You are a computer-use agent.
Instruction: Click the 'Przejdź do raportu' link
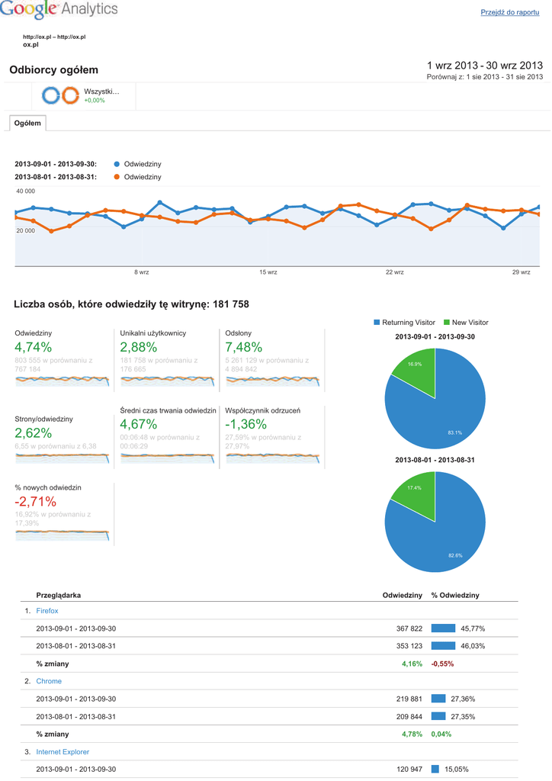click(510, 13)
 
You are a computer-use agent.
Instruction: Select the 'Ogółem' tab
click(27, 123)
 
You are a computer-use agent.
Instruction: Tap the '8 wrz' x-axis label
click(141, 272)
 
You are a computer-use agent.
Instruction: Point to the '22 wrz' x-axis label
click(394, 272)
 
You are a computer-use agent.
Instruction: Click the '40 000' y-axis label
click(26, 191)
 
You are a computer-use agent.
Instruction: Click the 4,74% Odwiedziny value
click(34, 348)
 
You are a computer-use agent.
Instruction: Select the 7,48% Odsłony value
click(244, 348)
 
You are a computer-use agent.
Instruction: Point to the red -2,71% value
click(35, 501)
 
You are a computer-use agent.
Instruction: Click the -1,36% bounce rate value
click(246, 424)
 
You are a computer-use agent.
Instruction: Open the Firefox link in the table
click(47, 611)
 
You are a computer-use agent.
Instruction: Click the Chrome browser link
click(49, 681)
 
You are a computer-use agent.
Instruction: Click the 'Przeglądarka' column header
click(59, 595)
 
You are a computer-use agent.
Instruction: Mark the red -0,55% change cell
click(442, 664)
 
